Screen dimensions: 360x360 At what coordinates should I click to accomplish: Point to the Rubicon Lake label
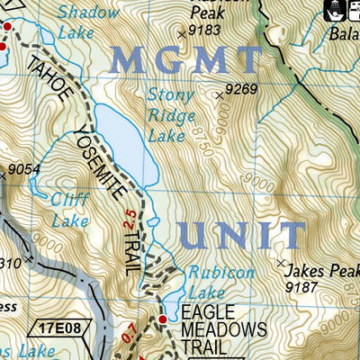(x=221, y=281)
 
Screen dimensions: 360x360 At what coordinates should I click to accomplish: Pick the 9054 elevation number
(x=26, y=168)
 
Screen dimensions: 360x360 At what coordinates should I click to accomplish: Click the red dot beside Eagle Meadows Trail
(x=163, y=319)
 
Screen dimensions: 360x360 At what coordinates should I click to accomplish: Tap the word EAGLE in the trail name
(x=207, y=312)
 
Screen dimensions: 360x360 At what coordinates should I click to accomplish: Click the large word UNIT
(x=241, y=236)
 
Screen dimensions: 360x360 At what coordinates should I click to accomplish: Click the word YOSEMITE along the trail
(x=109, y=163)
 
